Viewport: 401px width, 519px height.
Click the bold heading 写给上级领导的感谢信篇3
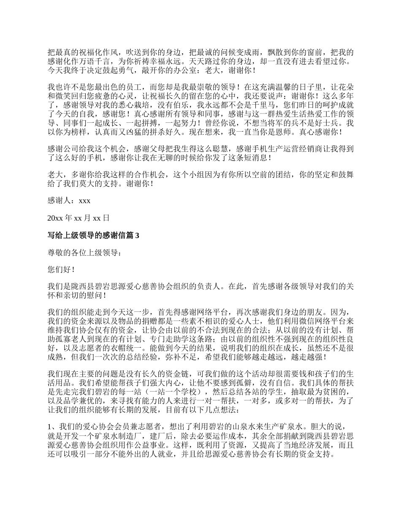click(x=93, y=236)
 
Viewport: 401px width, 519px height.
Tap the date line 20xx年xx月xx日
click(x=79, y=218)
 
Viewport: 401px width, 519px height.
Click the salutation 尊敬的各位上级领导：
click(x=84, y=253)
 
